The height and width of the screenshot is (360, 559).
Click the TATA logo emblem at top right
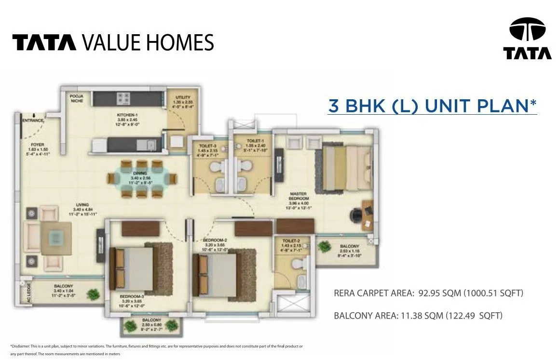527,30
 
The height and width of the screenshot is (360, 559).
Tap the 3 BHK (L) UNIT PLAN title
432,106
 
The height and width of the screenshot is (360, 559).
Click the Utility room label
183,98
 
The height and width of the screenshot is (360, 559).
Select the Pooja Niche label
76,98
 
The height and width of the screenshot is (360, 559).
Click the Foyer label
38,145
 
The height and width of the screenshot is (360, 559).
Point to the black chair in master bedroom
356,213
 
